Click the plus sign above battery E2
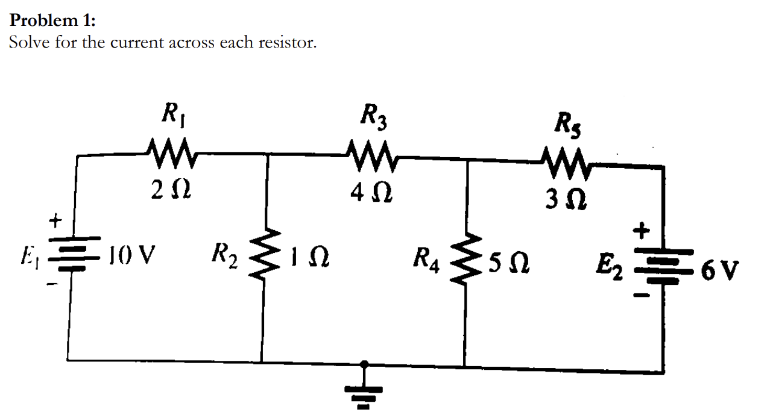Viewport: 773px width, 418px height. click(x=643, y=230)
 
